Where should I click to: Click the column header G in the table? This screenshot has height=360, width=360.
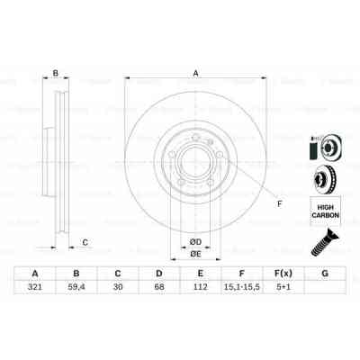pyautogui.click(x=324, y=274)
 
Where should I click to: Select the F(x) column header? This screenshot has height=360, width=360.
pyautogui.click(x=283, y=274)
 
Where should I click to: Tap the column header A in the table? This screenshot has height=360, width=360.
pyautogui.click(x=35, y=274)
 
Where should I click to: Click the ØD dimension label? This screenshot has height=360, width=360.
pyautogui.click(x=193, y=241)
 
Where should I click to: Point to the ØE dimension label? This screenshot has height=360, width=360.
pyautogui.click(x=193, y=255)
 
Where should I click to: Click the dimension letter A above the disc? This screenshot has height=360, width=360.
pyautogui.click(x=194, y=75)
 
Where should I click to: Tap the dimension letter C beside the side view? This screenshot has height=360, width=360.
pyautogui.click(x=85, y=240)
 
